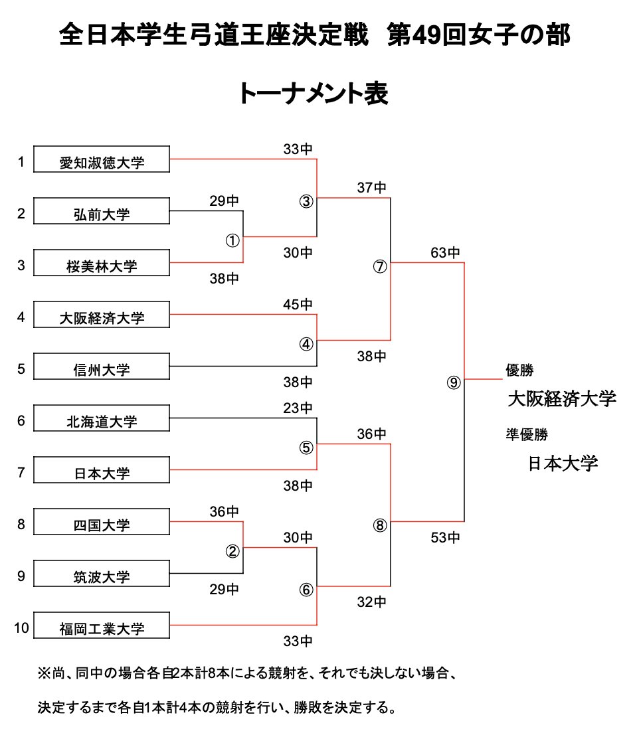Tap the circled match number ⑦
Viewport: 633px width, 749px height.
click(379, 267)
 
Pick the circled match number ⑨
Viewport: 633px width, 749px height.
click(453, 383)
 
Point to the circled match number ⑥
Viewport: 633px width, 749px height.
click(306, 590)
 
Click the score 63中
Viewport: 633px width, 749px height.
click(445, 253)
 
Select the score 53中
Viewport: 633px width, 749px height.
click(445, 537)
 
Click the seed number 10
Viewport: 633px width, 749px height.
click(21, 627)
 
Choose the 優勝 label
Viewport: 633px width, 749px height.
click(520, 370)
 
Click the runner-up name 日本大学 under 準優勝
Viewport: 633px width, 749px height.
click(563, 463)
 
